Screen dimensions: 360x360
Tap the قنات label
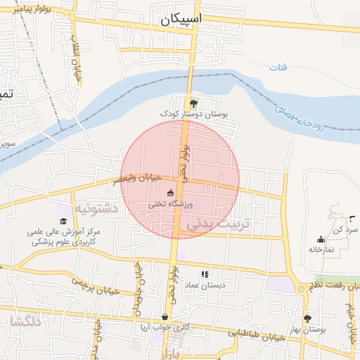(278, 67)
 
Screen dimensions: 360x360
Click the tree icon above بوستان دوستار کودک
(184, 103)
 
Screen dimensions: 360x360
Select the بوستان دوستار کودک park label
(184, 113)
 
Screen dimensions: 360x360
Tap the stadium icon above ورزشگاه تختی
(170, 193)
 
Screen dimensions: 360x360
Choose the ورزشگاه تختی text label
(169, 204)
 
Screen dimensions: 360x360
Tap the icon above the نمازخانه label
(321, 239)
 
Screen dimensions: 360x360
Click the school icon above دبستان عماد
(205, 274)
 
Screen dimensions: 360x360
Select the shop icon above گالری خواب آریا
(165, 317)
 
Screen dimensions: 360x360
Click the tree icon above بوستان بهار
(307, 319)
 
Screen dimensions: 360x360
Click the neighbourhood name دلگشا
(25, 322)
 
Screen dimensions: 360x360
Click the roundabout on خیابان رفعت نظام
(301, 289)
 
